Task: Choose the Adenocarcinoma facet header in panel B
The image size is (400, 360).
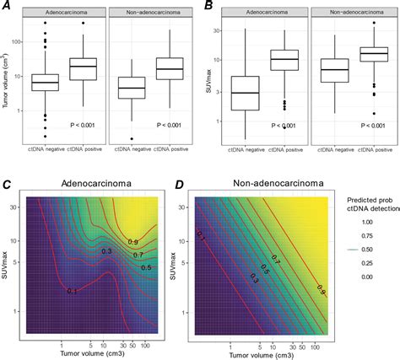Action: [x=262, y=13]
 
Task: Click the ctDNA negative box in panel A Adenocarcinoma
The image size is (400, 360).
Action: [x=45, y=82]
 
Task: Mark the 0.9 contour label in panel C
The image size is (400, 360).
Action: [x=134, y=242]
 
